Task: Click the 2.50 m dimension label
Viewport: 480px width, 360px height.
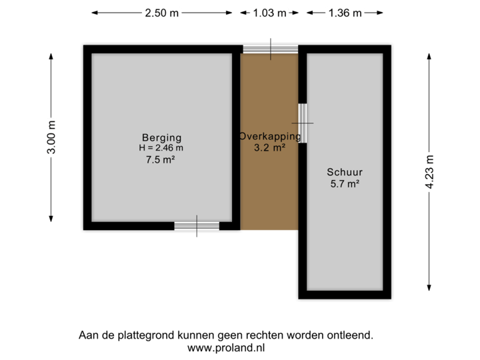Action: pos(161,13)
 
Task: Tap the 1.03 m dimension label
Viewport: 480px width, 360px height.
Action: pos(269,13)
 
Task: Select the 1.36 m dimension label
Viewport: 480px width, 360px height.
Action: pos(345,13)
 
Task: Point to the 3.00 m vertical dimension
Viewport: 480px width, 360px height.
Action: pos(51,137)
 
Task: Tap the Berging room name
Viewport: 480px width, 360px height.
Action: pos(161,138)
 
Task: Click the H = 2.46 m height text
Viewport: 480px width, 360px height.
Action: pos(161,148)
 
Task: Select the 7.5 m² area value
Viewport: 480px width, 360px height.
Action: pos(161,159)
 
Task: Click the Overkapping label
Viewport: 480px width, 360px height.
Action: pos(269,137)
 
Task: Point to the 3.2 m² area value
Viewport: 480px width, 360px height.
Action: pos(269,148)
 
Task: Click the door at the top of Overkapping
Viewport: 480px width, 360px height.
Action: pos(270,49)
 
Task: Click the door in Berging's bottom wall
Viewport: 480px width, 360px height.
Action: pos(197,226)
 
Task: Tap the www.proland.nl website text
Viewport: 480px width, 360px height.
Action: pos(227,347)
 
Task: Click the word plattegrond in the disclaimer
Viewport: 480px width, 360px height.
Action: pos(145,335)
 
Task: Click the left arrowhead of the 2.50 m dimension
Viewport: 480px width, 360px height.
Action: pos(94,13)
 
